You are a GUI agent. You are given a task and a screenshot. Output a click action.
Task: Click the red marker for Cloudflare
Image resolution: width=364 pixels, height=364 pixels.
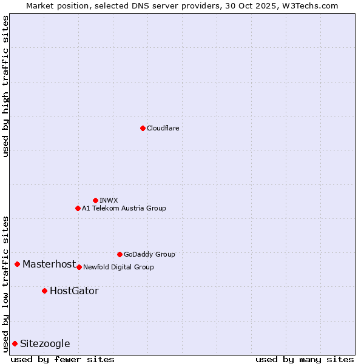143,128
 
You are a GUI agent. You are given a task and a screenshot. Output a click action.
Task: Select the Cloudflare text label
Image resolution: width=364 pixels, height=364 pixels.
163,129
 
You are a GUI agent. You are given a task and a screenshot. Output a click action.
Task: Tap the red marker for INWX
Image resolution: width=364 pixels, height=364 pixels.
95,200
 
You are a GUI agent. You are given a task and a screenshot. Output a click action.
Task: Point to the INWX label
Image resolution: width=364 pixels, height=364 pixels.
109,200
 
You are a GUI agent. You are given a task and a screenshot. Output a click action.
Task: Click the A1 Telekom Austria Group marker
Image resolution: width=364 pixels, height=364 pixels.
78,208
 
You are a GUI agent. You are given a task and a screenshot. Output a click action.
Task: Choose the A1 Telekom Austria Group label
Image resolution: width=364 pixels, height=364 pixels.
124,209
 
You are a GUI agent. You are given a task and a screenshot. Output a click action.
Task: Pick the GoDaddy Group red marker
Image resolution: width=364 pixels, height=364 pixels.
120,254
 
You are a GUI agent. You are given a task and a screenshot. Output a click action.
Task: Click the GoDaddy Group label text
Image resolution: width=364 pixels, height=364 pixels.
149,255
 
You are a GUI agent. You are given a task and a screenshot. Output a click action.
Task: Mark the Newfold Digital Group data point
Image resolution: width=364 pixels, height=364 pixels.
79,267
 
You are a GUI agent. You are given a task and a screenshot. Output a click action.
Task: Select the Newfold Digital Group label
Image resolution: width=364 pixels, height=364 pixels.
118,267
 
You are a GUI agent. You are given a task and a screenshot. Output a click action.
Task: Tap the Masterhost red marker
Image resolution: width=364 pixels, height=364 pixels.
18,264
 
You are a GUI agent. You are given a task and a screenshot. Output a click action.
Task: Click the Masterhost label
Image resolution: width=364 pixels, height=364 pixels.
49,264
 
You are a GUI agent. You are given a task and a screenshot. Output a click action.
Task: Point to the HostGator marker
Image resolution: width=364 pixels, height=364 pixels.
44,291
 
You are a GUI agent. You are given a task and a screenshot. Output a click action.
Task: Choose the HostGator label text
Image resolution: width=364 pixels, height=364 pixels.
74,291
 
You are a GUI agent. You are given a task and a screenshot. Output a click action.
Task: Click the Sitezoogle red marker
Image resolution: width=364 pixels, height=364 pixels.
15,343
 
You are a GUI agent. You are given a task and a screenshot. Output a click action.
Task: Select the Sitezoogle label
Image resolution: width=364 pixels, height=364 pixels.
45,344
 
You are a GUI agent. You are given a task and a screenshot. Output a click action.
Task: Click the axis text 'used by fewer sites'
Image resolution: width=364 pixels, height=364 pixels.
62,359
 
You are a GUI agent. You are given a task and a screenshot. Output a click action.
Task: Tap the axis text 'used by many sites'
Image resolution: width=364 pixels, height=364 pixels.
305,359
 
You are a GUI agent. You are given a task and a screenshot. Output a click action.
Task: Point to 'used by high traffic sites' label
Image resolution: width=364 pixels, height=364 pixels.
6,86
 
